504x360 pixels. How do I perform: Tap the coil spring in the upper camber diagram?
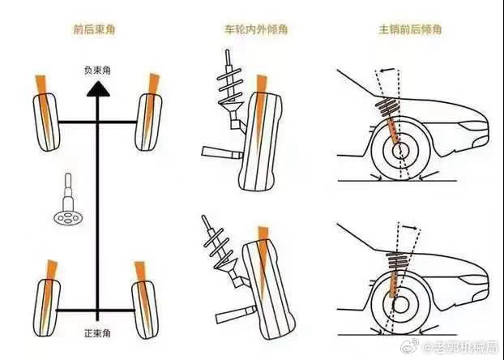tap(227, 81)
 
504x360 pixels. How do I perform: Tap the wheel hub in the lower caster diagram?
tap(399, 301)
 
